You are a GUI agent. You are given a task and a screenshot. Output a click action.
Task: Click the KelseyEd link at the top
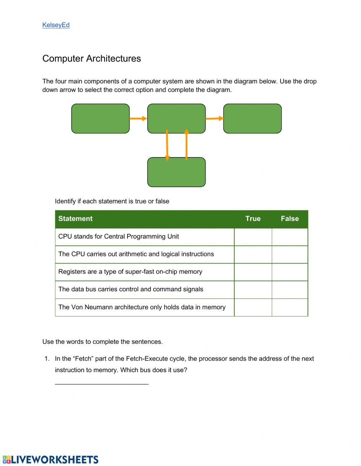pyautogui.click(x=56, y=25)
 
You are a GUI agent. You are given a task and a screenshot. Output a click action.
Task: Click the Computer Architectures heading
pyautogui.click(x=91, y=58)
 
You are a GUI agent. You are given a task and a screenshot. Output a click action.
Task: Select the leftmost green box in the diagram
pyautogui.click(x=100, y=119)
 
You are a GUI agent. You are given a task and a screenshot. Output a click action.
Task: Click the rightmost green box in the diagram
pyautogui.click(x=252, y=119)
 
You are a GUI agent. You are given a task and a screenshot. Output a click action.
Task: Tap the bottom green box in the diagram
pyautogui.click(x=177, y=172)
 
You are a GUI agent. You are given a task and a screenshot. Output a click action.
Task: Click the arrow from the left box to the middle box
pyautogui.click(x=138, y=118)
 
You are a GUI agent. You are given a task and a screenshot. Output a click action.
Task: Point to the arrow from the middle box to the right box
pyautogui.click(x=214, y=118)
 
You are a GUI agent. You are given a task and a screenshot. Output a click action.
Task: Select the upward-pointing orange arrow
pyautogui.click(x=186, y=144)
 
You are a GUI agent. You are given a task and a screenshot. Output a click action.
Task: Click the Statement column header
pyautogui.click(x=75, y=219)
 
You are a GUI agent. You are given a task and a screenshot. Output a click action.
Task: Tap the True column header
pyautogui.click(x=253, y=219)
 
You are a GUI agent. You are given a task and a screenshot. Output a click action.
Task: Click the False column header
pyautogui.click(x=290, y=219)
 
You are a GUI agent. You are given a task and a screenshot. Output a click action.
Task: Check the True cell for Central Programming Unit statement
pyautogui.click(x=253, y=237)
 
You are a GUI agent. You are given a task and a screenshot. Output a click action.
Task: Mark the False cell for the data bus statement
pyautogui.click(x=290, y=289)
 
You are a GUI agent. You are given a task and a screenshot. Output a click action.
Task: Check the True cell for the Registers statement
pyautogui.click(x=253, y=272)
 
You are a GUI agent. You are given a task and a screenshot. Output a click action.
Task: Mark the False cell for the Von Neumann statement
pyautogui.click(x=290, y=307)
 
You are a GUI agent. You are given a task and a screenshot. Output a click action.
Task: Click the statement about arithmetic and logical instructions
pyautogui.click(x=136, y=254)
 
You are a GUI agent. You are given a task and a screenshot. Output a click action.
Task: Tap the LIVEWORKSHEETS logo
pyautogui.click(x=51, y=460)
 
